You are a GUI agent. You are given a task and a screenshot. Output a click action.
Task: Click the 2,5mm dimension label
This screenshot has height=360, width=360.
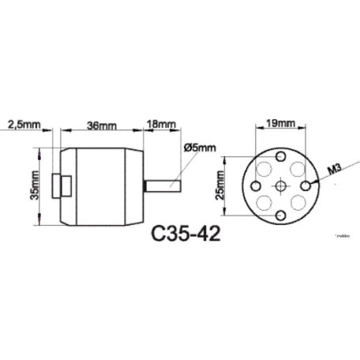click(23, 125)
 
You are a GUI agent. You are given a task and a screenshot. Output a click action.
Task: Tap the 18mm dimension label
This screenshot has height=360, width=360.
click(161, 125)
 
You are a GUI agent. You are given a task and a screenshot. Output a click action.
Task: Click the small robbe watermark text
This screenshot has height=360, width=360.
click(345, 234)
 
